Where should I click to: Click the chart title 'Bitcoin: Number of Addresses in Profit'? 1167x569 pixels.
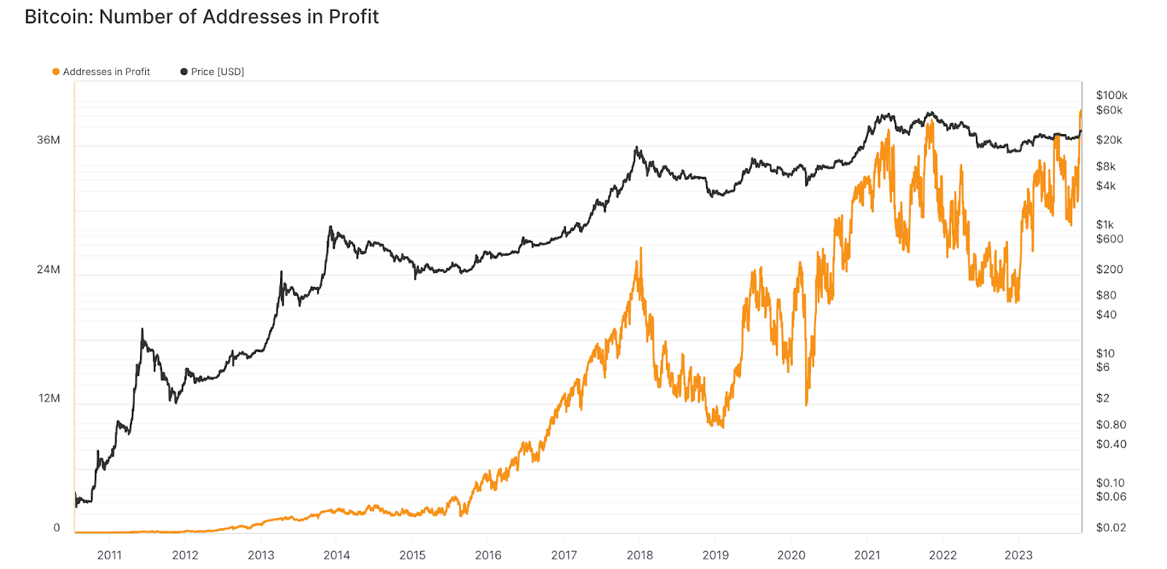pos(201,17)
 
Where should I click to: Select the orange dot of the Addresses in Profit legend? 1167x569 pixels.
pos(55,71)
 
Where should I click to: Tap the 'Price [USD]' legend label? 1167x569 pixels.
pos(217,71)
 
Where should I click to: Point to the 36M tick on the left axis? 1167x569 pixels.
pos(49,140)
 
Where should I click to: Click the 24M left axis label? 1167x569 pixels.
pos(49,270)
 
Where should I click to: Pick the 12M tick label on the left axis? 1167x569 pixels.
pos(50,399)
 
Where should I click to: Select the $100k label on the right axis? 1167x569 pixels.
pos(1111,95)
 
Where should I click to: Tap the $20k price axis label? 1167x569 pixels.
pos(1109,140)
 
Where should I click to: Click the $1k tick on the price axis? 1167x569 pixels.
pos(1104,224)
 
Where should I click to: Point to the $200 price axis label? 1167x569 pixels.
pos(1109,270)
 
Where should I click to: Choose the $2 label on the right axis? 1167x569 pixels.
pos(1102,399)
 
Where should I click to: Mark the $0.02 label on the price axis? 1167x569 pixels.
pos(1110,527)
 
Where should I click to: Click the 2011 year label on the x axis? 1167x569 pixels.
pos(109,555)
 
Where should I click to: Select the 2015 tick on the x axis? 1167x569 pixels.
pos(412,555)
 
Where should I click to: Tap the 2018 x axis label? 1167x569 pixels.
pos(640,555)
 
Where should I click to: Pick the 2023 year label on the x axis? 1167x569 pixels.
pos(1018,555)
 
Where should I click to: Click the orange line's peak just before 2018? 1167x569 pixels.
pos(640,248)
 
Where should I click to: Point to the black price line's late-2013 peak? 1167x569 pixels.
pos(330,227)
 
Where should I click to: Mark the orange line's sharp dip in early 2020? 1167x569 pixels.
pos(807,404)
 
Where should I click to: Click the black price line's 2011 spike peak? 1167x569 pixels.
pos(142,329)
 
